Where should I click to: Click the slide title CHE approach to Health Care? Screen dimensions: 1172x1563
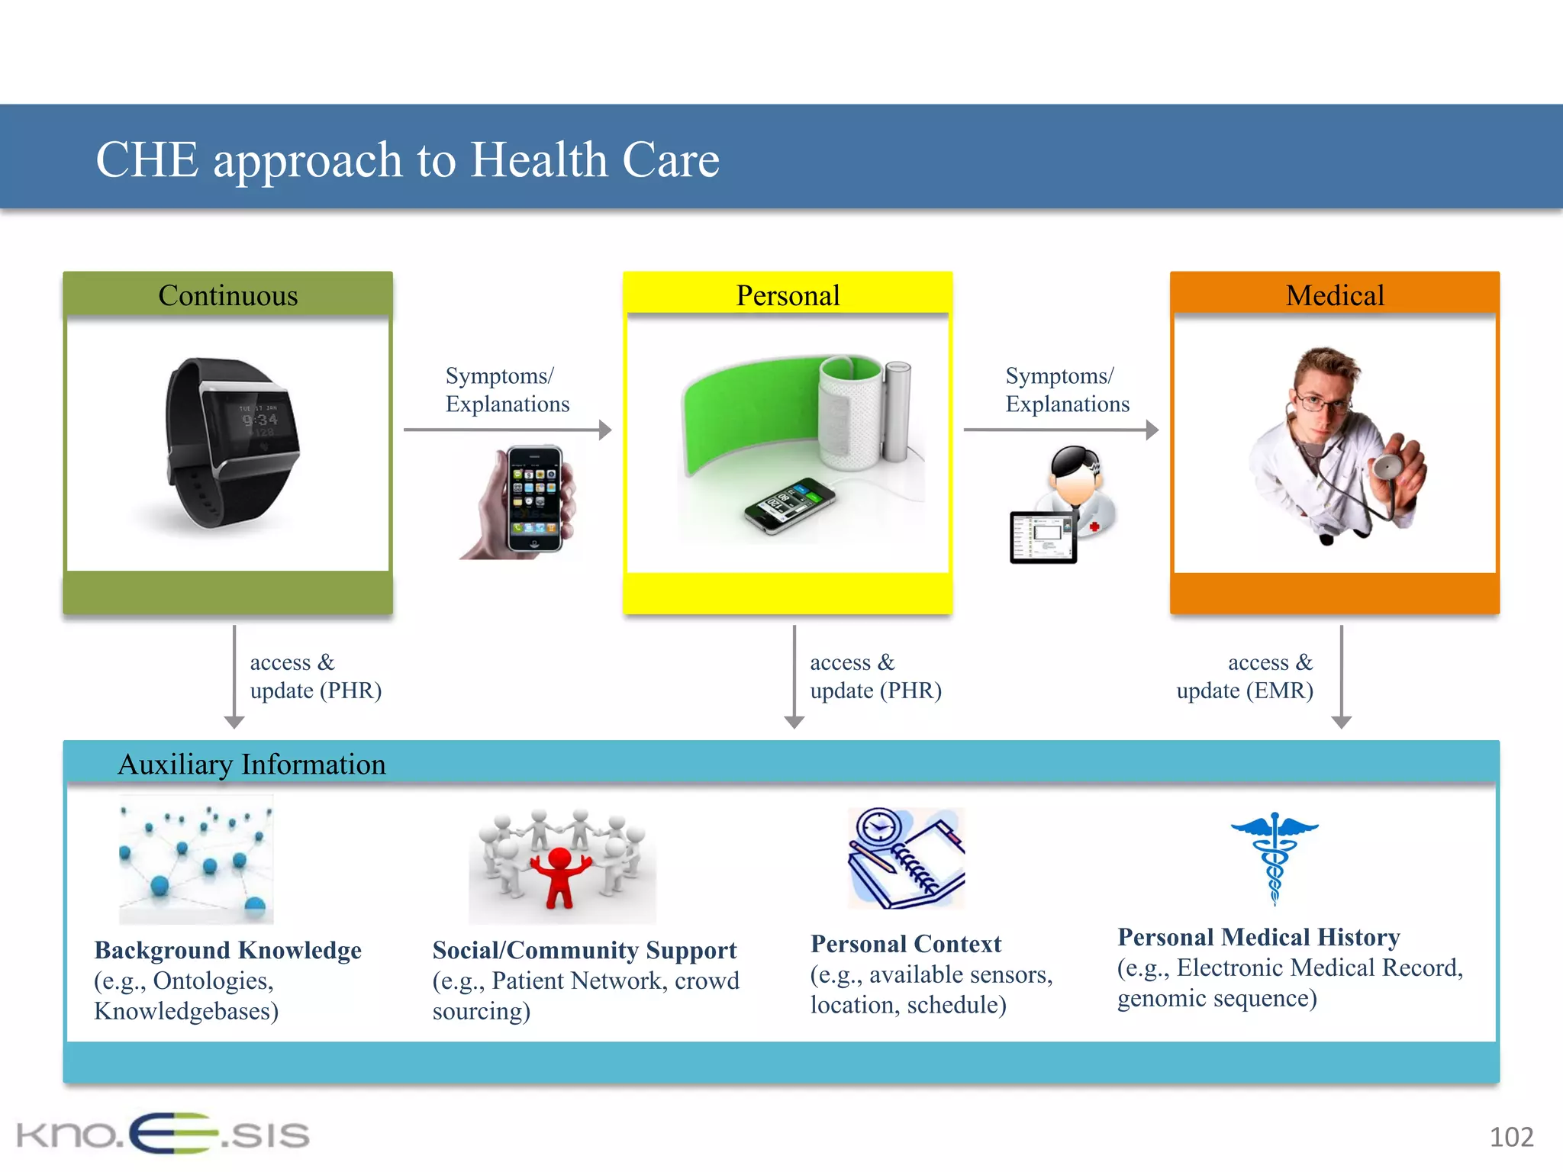[x=407, y=159]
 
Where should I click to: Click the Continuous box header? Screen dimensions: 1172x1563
[x=227, y=295]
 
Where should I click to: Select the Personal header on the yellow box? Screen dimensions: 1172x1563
[x=788, y=295]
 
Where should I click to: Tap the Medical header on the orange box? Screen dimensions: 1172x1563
[x=1334, y=295]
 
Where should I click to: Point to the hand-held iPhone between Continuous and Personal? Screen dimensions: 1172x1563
[x=533, y=500]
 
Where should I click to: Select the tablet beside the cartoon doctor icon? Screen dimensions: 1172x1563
[x=1043, y=537]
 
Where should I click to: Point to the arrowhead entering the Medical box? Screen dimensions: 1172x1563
[x=1152, y=430]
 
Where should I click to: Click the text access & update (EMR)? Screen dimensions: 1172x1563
[x=1246, y=676]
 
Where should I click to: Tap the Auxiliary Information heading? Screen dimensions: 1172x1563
[x=252, y=765]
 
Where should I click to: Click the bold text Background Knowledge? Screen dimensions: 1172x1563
[x=227, y=950]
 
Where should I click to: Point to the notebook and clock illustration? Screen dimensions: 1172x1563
[x=906, y=858]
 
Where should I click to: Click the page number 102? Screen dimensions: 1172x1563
[x=1510, y=1137]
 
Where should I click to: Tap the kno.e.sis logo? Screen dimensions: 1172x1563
[x=163, y=1134]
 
